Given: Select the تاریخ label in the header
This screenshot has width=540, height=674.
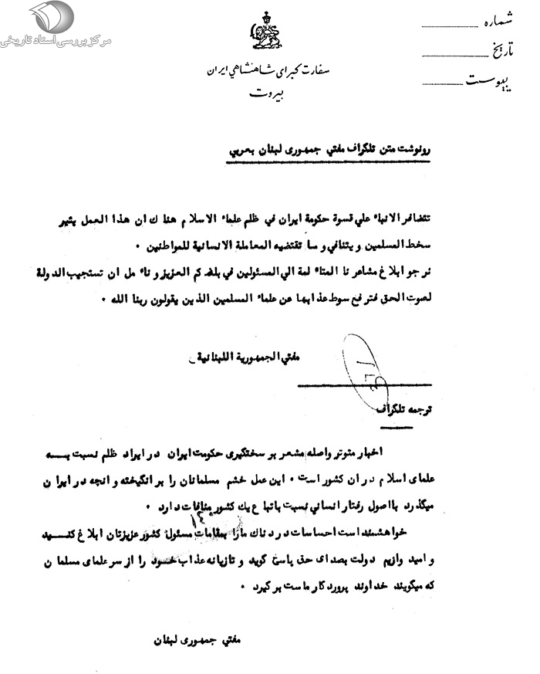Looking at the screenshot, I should (501, 52).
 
